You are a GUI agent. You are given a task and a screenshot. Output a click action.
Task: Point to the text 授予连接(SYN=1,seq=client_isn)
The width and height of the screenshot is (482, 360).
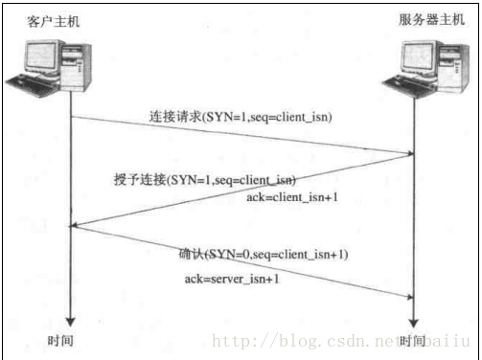pos(203,180)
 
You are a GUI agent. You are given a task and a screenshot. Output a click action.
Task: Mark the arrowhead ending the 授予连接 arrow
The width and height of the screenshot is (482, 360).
pos(77,227)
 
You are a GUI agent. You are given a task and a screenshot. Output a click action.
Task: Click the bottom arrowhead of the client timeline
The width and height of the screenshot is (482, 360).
pos(70,322)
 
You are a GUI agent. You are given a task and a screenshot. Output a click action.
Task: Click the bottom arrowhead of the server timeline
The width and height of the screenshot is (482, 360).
pos(413,322)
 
